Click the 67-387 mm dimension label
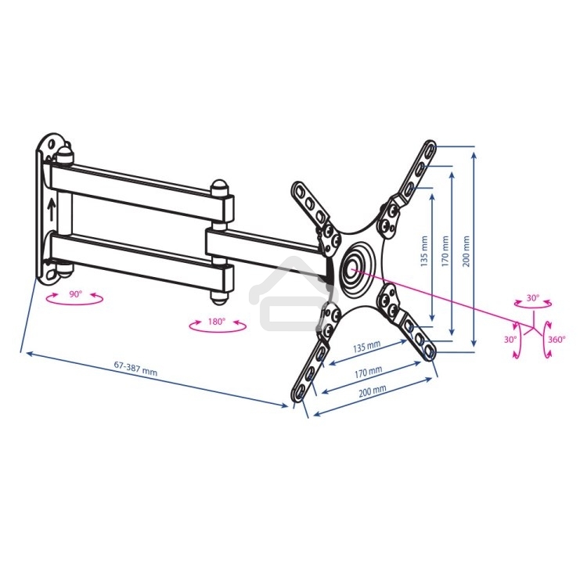tap(135, 369)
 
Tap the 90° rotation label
tap(75, 294)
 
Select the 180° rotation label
tap(217, 322)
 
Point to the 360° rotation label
tap(556, 340)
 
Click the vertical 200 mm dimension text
tap(466, 251)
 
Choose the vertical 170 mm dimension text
tap(445, 251)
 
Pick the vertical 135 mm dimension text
tap(424, 251)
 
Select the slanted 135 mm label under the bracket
tap(367, 347)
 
